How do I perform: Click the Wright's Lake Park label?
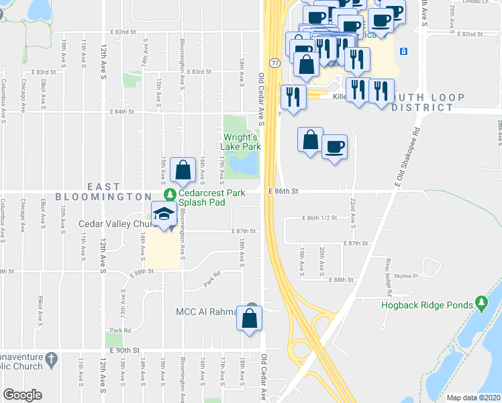241,141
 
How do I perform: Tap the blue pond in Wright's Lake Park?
242,162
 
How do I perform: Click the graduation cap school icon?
164,214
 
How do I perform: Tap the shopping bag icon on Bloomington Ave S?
183,169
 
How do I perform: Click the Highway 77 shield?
275,62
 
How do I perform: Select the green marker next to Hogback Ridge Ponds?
481,304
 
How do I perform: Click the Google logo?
23,395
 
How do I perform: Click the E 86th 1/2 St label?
319,218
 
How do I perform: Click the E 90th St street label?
125,351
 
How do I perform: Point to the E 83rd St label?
199,71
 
